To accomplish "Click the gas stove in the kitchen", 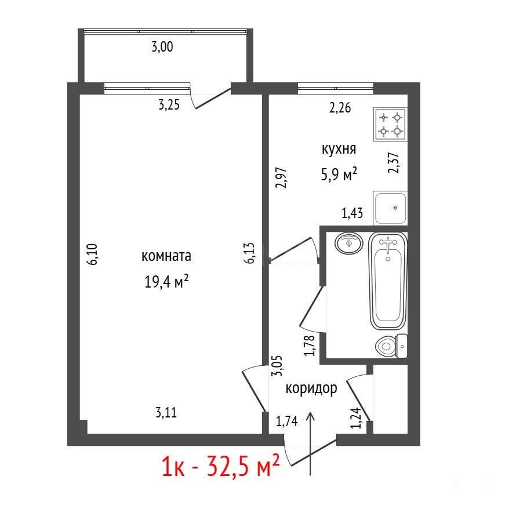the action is pyautogui.click(x=390, y=124).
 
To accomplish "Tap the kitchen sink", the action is pyautogui.click(x=390, y=208).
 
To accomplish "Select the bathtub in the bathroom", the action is pyautogui.click(x=388, y=281).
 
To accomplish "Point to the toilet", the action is pyautogui.click(x=391, y=347).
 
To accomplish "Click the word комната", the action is pyautogui.click(x=166, y=256).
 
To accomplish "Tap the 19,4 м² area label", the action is pyautogui.click(x=166, y=282).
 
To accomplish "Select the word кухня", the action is pyautogui.click(x=339, y=150).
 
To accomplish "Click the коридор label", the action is pyautogui.click(x=311, y=388).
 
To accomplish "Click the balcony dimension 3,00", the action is pyautogui.click(x=162, y=47).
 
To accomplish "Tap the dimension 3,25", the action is pyautogui.click(x=169, y=105).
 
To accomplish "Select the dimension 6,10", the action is pyautogui.click(x=93, y=254).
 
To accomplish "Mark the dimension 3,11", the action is pyautogui.click(x=166, y=412).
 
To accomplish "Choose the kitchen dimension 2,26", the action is pyautogui.click(x=340, y=108).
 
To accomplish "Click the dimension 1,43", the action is pyautogui.click(x=353, y=213).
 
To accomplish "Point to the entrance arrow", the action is pyautogui.click(x=310, y=444).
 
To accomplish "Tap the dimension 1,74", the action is pyautogui.click(x=287, y=421).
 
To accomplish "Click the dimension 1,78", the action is pyautogui.click(x=310, y=346).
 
